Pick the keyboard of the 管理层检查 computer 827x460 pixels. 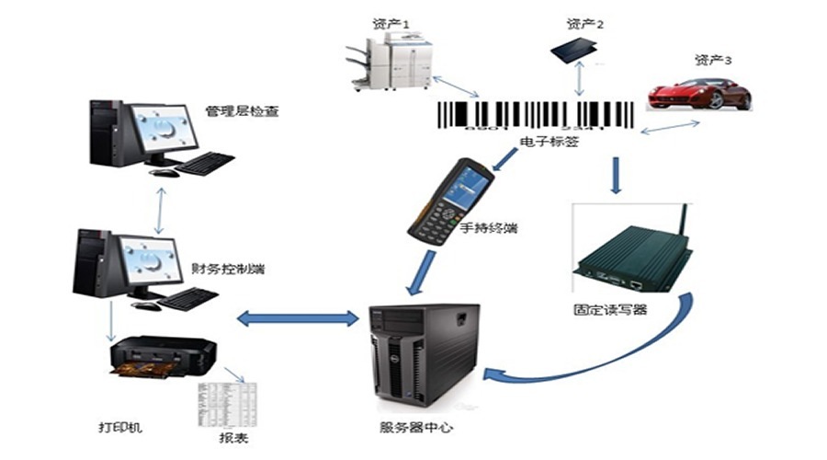(204, 164)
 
